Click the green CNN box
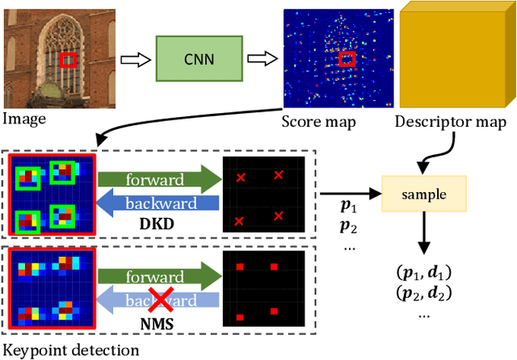193,60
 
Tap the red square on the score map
347,59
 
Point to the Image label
24,119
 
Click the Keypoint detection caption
71,350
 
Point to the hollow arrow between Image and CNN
134,60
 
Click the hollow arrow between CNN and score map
259,60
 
